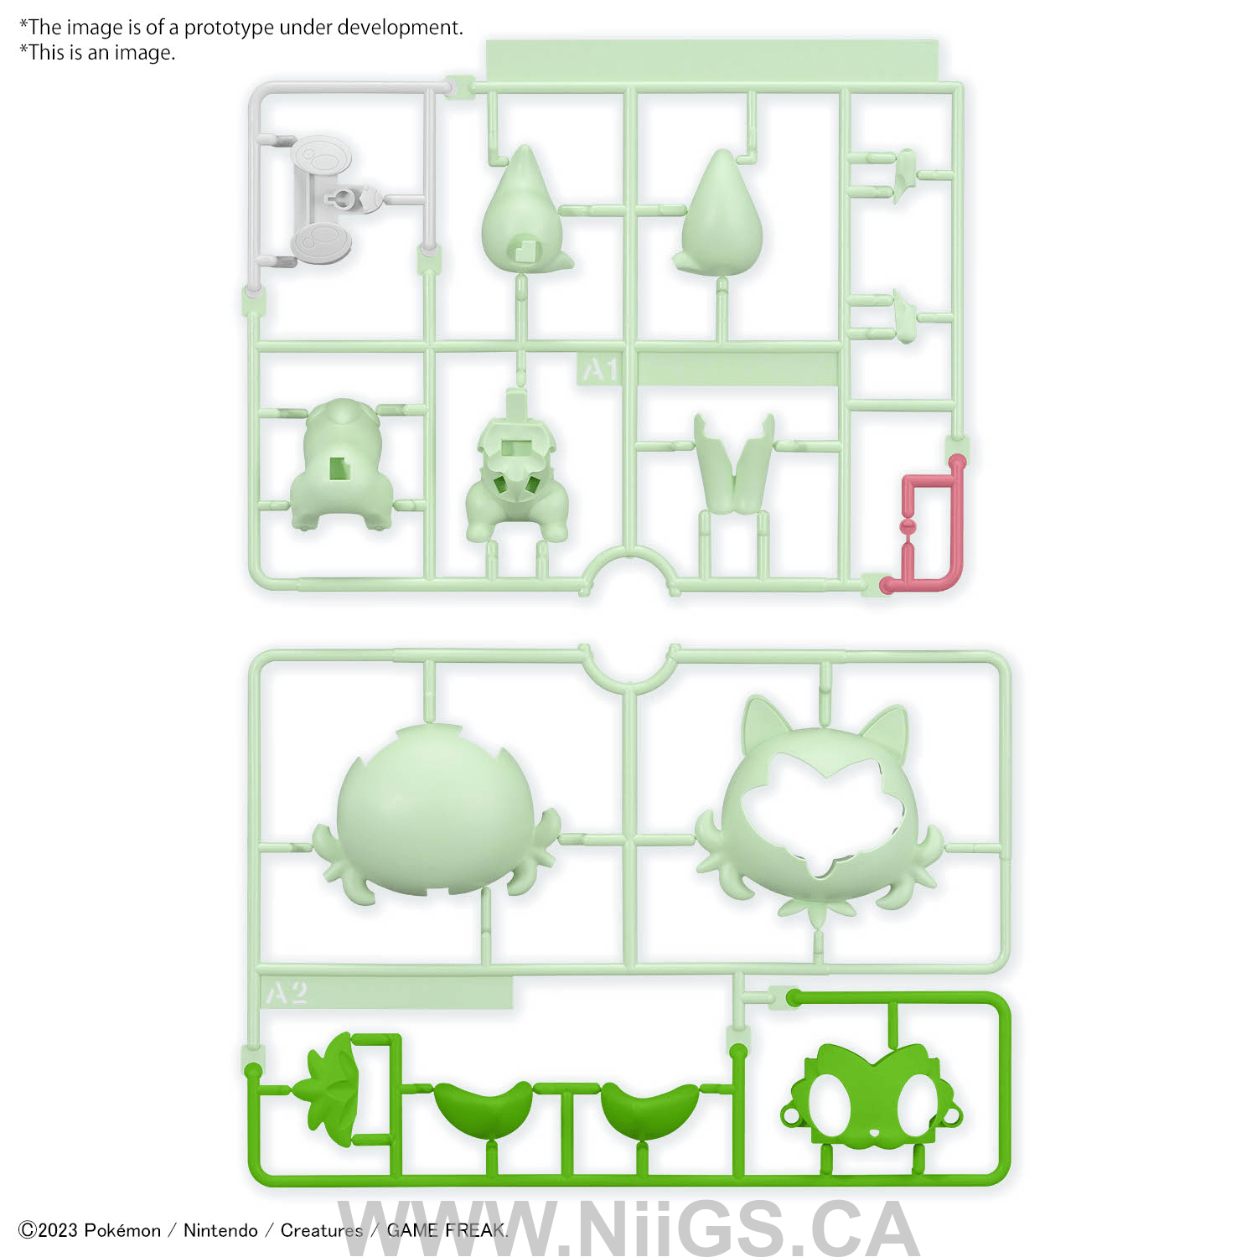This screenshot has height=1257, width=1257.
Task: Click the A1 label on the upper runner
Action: pos(601,370)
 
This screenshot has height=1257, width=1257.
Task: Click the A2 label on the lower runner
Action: pos(287,993)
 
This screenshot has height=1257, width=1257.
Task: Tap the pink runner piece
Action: pos(925,525)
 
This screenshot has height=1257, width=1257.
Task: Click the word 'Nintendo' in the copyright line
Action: pos(220,1230)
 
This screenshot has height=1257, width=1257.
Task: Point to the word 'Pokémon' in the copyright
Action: pos(122,1230)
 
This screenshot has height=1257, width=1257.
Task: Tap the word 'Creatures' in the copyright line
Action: pos(321,1230)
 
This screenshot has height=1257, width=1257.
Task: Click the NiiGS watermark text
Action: pos(628,1229)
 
